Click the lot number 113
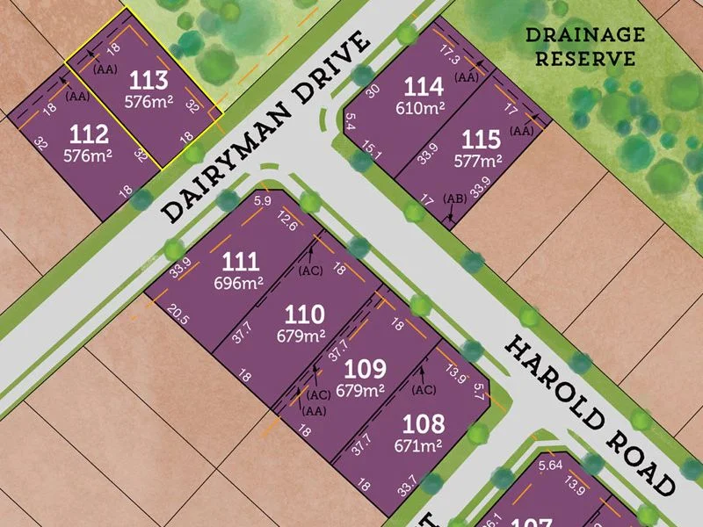click(148, 81)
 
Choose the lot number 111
click(240, 261)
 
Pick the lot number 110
click(304, 314)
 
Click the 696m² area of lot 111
click(240, 283)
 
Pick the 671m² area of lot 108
click(423, 444)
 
